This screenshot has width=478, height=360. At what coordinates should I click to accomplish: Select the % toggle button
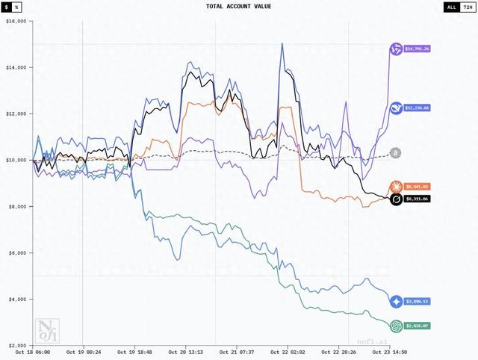click(17, 7)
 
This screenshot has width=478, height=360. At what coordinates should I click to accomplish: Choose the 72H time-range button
click(467, 7)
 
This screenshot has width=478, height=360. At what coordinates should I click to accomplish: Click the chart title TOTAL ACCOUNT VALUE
click(239, 7)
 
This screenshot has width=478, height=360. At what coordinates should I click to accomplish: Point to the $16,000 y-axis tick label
click(15, 22)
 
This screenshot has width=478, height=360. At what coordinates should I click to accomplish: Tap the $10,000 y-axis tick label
click(15, 160)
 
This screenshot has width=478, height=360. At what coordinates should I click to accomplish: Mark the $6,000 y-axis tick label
click(16, 252)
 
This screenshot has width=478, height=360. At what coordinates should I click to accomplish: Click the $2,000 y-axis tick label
click(16, 345)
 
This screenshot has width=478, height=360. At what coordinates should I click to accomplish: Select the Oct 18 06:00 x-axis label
click(34, 352)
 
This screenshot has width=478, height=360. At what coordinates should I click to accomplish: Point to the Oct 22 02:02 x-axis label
click(288, 352)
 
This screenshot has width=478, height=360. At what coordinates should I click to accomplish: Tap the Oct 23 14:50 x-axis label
click(389, 352)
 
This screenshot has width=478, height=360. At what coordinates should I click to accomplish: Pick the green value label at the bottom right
click(419, 326)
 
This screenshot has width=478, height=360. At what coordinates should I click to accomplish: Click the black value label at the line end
click(418, 199)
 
